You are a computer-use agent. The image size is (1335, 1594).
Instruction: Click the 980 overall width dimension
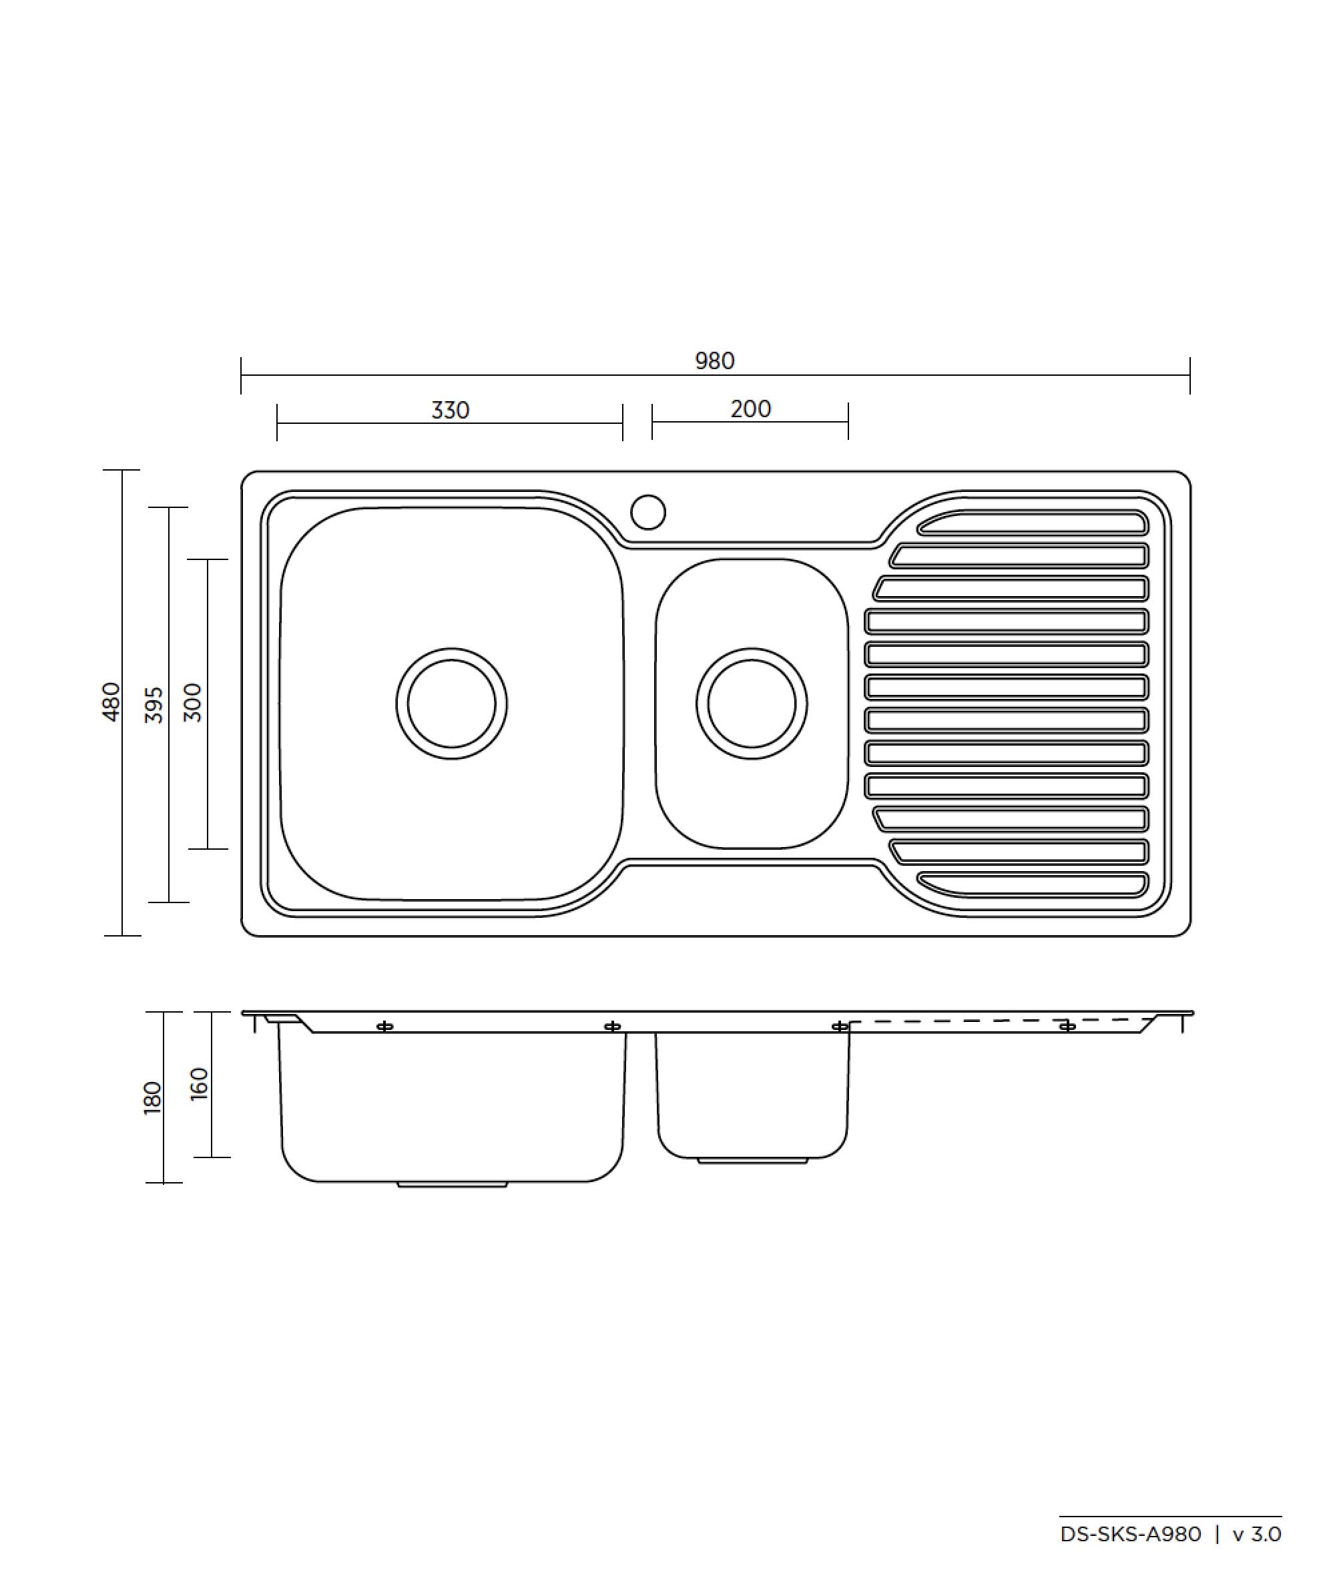pyautogui.click(x=714, y=360)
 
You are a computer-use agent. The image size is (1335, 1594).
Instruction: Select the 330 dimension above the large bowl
pyautogui.click(x=450, y=410)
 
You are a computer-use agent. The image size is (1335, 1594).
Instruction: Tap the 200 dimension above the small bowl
pyautogui.click(x=750, y=409)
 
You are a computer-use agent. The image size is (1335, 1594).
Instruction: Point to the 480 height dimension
pyautogui.click(x=111, y=702)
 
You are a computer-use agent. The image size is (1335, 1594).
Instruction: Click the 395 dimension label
pyautogui.click(x=154, y=704)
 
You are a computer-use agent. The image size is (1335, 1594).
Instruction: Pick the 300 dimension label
pyautogui.click(x=194, y=703)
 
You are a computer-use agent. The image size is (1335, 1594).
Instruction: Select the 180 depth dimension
pyautogui.click(x=153, y=1097)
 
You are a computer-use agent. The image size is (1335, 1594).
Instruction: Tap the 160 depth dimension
pyautogui.click(x=199, y=1083)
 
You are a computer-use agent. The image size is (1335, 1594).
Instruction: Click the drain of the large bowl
pyautogui.click(x=452, y=704)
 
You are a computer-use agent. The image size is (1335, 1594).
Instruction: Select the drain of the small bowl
pyautogui.click(x=752, y=704)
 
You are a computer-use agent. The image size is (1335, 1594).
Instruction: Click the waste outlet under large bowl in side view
pyautogui.click(x=452, y=1184)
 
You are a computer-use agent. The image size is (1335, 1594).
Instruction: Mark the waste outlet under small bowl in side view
pyautogui.click(x=752, y=1161)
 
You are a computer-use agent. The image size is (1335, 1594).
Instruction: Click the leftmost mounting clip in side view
pyautogui.click(x=384, y=1027)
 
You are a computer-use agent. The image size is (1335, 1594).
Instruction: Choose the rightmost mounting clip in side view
pyautogui.click(x=1067, y=1027)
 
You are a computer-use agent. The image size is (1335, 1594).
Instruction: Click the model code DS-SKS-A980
pyautogui.click(x=1130, y=1534)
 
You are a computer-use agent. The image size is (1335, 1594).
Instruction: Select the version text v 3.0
pyautogui.click(x=1257, y=1534)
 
